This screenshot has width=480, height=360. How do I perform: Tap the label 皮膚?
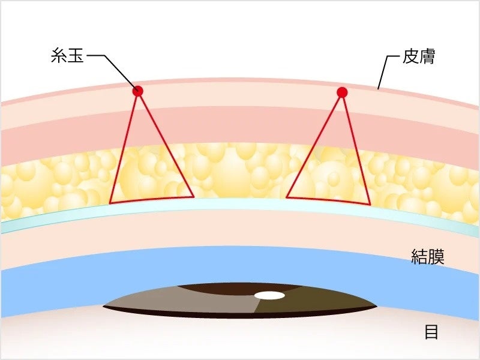click(419, 57)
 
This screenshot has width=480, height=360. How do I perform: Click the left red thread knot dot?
click(138, 91)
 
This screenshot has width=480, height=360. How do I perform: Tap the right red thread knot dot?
click(342, 92)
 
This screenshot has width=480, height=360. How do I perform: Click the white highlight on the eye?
click(269, 295)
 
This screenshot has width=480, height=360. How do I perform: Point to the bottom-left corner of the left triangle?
click(110, 203)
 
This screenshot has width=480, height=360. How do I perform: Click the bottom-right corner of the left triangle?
click(193, 196)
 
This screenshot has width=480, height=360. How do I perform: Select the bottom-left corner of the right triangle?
click(287, 196)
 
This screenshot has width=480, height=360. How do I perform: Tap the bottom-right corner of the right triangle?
click(370, 204)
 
